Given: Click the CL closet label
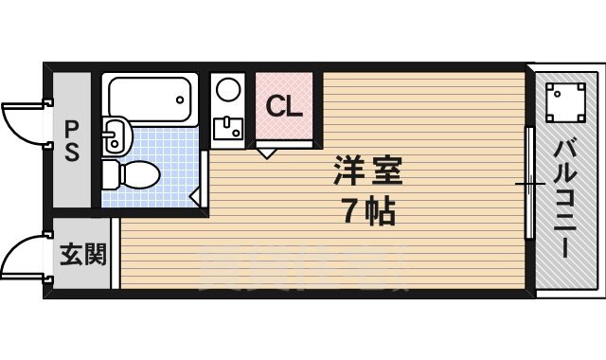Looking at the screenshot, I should (x=283, y=106).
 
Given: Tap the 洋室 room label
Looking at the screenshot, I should (x=367, y=173).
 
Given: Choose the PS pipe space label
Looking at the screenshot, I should (x=71, y=139).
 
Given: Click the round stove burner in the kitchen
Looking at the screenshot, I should (x=228, y=91).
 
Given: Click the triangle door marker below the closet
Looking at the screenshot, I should (x=266, y=150).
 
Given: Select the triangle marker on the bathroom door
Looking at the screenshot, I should (x=194, y=196).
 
